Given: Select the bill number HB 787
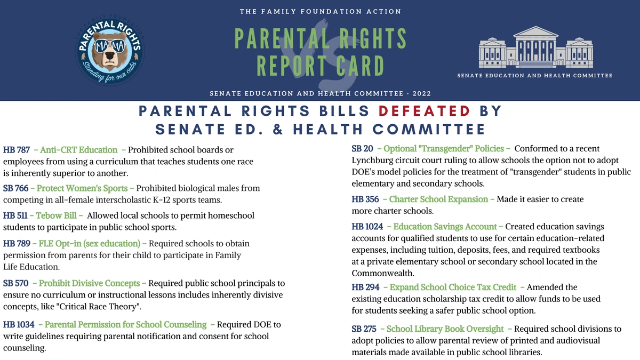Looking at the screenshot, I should tap(17, 150).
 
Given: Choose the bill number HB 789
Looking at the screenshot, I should tap(17, 243).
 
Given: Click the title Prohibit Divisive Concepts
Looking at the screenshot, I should tap(89, 283).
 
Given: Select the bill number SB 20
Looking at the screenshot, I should tap(362, 148).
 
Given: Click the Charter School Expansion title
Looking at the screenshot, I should tap(438, 199).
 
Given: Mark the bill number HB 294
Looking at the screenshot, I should tap(365, 287).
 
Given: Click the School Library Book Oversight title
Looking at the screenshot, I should tap(445, 329).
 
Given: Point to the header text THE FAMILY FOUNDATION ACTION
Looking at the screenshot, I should tap(320, 11).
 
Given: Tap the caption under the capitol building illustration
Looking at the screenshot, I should tap(534, 76).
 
